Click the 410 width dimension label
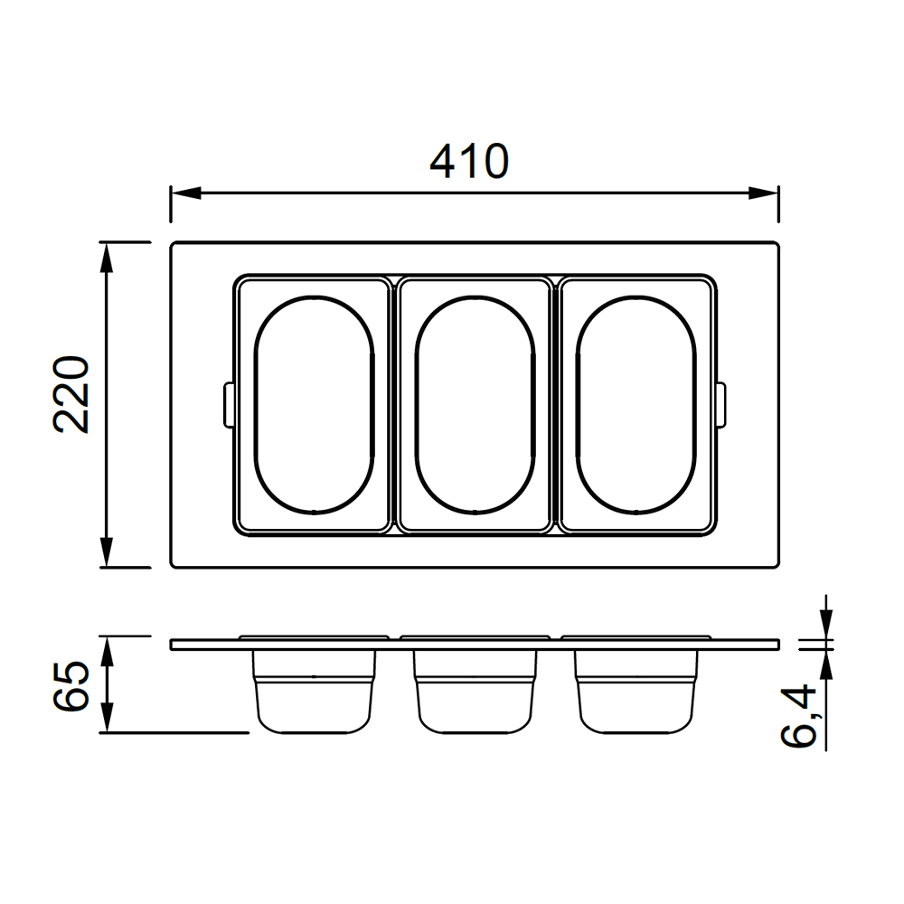click(x=469, y=162)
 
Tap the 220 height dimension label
click(x=71, y=394)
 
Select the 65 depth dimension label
click(x=71, y=685)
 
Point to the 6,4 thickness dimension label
click(x=799, y=716)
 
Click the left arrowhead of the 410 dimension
click(x=185, y=193)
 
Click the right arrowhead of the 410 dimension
click(x=763, y=193)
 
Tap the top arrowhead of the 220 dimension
click(x=107, y=257)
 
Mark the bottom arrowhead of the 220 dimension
click(x=107, y=552)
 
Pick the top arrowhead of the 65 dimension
click(x=107, y=652)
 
